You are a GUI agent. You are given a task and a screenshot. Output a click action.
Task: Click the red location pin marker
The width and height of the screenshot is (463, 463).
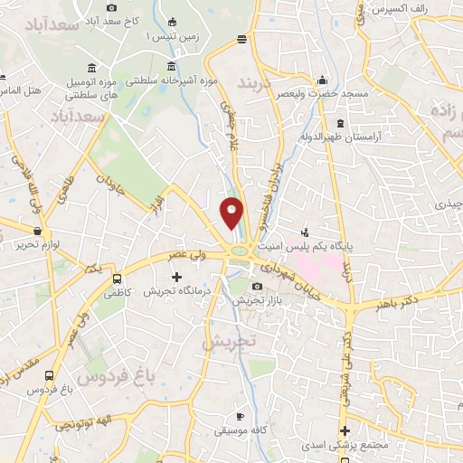231,213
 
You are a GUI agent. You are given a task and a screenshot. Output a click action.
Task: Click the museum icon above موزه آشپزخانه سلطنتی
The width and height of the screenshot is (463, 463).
172,65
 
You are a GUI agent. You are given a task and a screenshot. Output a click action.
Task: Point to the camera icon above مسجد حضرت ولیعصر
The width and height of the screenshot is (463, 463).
322,80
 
